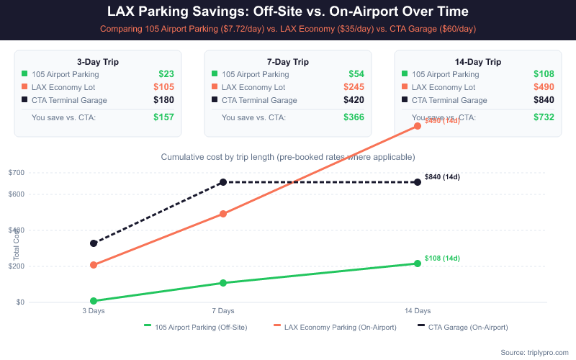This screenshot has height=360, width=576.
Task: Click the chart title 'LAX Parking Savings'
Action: (x=288, y=12)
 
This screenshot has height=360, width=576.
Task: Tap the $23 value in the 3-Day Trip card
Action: (x=166, y=74)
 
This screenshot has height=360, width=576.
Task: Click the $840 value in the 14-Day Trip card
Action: (x=544, y=100)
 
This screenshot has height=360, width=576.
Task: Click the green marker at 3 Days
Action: (x=94, y=301)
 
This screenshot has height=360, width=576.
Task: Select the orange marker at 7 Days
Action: (x=223, y=214)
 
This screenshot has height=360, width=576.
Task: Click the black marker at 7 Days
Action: (x=223, y=182)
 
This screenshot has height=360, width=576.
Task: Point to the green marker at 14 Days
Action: (x=417, y=264)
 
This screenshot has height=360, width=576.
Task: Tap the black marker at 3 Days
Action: (x=94, y=243)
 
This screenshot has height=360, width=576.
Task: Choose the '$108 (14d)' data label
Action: (x=442, y=258)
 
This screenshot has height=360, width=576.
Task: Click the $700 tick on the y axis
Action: (x=17, y=172)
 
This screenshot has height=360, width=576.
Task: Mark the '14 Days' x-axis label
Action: (x=417, y=311)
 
